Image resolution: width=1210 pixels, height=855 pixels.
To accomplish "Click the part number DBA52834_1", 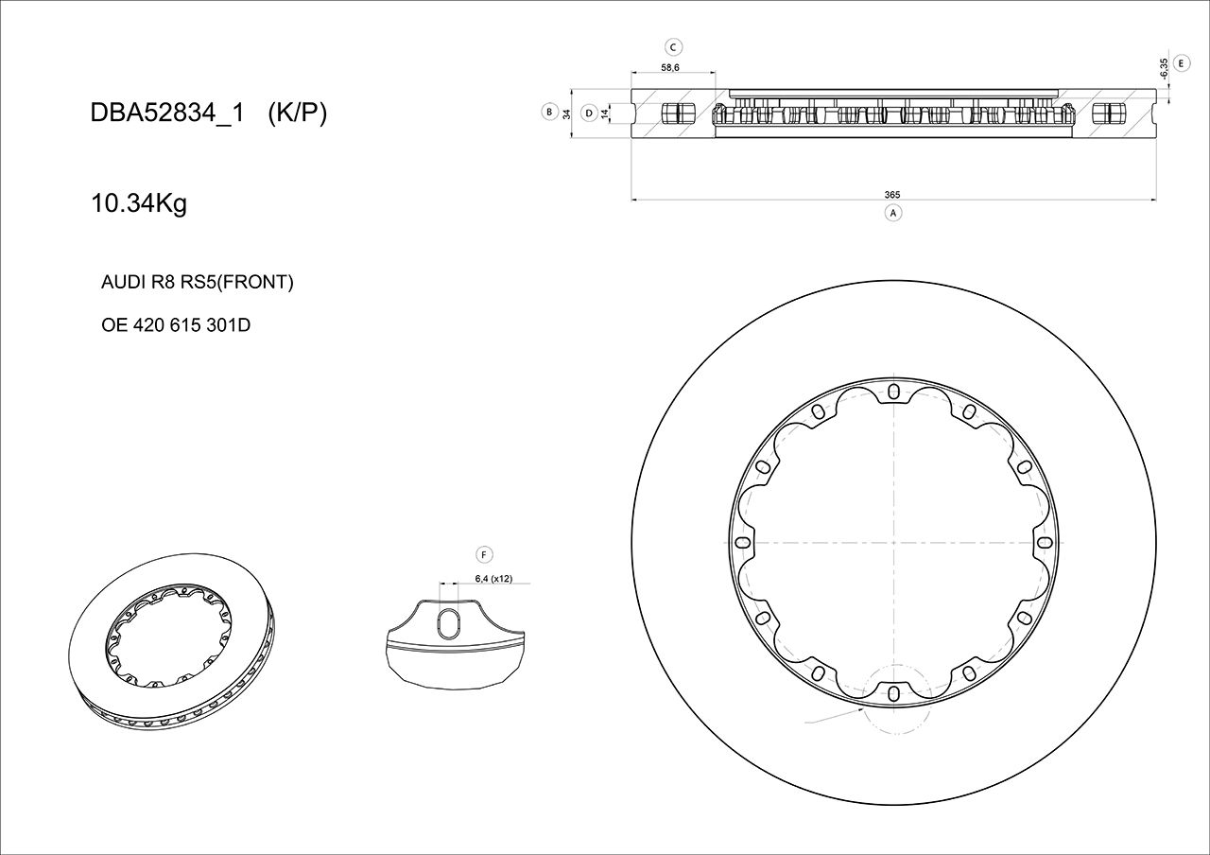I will point(166,113).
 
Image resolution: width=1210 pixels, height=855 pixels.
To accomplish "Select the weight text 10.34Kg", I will point(138,203).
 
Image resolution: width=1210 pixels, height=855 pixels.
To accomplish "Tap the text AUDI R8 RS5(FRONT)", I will point(197,282).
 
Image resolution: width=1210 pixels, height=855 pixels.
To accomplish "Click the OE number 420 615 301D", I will point(175,325).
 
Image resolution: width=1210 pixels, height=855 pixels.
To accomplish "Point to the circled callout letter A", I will point(892,213).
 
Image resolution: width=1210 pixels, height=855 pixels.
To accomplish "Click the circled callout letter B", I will point(548,112).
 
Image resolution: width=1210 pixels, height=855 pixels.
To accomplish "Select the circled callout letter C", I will point(673,46).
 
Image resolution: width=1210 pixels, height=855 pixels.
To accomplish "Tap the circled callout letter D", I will point(588,113).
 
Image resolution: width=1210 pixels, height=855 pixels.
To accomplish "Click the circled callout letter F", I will point(483,554).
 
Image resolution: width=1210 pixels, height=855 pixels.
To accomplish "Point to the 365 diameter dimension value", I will point(891,195).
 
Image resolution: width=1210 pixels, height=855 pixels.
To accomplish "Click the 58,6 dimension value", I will point(670,68).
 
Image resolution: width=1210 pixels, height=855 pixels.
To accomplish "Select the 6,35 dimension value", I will point(1163,67).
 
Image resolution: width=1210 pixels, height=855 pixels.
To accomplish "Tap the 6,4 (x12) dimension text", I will point(493,579).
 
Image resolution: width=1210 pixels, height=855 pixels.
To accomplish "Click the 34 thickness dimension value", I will point(566,113).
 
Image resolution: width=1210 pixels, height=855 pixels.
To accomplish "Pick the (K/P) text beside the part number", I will point(297,113).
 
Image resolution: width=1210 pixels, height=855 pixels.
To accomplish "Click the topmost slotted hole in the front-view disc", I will point(893,391).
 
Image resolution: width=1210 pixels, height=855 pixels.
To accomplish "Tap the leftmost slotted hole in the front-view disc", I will point(742,543).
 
